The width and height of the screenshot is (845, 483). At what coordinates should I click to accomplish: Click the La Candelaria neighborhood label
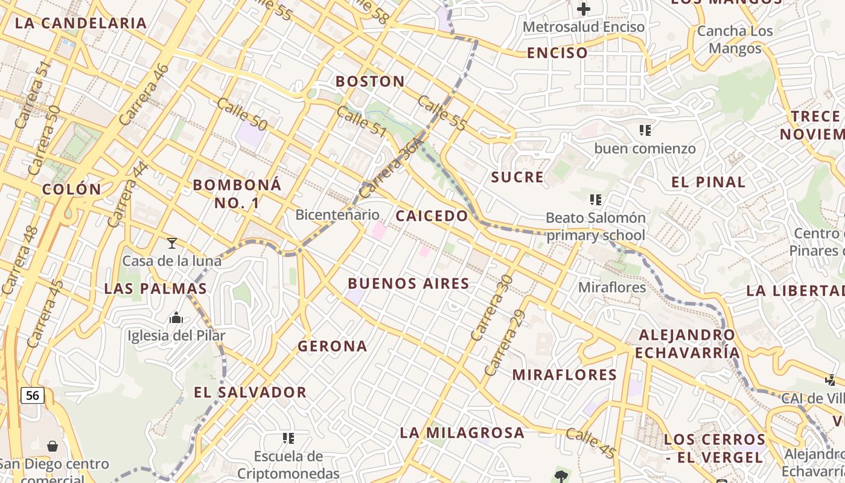pos(81,23)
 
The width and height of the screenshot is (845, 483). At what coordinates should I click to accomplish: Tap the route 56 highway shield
pos(33,395)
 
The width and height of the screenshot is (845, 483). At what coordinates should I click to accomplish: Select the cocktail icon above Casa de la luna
pos(172,243)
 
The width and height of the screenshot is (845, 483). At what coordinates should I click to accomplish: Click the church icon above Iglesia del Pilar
pos(176,318)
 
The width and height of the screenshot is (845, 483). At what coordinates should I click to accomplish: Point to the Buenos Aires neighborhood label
pos(409,283)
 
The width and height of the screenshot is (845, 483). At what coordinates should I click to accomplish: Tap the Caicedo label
pos(432,216)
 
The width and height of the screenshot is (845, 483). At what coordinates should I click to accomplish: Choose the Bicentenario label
pos(337,214)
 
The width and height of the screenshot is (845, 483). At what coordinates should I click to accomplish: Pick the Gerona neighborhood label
pos(332,346)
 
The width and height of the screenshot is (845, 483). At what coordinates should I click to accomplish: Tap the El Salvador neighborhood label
pos(250,392)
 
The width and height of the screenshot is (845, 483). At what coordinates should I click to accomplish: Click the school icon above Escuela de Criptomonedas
pos(288,438)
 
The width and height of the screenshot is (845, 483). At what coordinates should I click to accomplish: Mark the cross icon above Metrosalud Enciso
pos(583,8)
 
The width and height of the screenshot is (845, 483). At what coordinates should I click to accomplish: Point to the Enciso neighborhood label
pos(557,53)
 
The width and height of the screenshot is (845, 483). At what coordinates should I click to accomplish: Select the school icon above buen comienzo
pos(645,130)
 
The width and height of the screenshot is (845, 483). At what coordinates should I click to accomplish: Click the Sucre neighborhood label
pos(517,177)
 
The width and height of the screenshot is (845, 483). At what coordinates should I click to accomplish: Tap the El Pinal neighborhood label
pos(708,182)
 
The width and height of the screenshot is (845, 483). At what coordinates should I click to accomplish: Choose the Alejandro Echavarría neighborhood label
pos(688,344)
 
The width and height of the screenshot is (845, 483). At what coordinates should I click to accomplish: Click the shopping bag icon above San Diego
pos(53,446)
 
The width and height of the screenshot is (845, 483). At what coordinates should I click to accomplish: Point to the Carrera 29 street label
pos(504,342)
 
